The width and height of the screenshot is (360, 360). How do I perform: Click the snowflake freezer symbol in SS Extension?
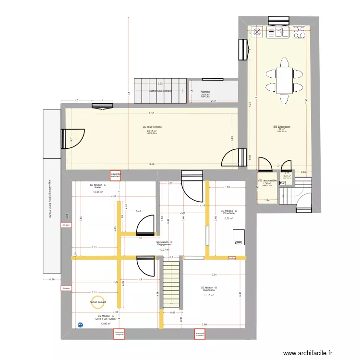(x=257, y=32)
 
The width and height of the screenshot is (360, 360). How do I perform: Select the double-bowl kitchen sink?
(x=279, y=32)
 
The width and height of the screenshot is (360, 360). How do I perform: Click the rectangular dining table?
(x=284, y=80)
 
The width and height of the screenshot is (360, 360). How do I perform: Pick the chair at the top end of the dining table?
(x=284, y=62)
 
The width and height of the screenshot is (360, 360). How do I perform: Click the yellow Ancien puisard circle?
(x=97, y=301)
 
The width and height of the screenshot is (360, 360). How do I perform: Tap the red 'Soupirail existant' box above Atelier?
(x=115, y=176)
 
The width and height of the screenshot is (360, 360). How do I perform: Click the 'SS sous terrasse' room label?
(x=152, y=127)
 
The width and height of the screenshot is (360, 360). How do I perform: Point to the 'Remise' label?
(x=205, y=91)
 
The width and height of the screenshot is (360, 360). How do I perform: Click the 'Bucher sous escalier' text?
(x=160, y=91)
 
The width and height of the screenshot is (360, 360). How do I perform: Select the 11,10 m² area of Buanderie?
(x=209, y=295)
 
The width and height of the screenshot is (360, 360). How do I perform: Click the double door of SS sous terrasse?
(x=235, y=158)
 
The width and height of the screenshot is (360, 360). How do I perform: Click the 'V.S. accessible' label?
(x=267, y=180)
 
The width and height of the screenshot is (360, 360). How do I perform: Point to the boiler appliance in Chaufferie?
(x=239, y=238)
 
